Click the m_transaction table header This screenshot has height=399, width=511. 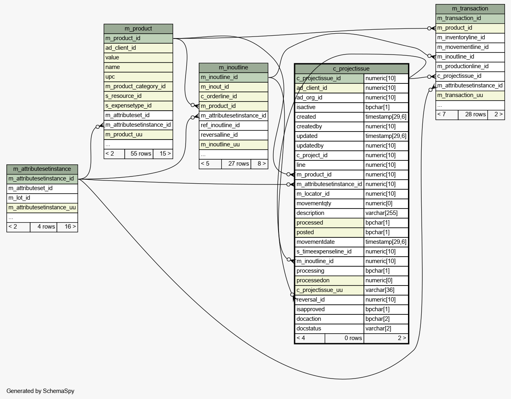point(470,9)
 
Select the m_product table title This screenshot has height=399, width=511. point(138,28)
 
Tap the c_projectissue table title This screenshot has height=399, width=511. point(351,69)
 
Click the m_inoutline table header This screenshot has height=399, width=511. point(233,67)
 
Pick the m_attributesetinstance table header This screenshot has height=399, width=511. point(42,169)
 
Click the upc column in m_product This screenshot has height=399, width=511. point(138,77)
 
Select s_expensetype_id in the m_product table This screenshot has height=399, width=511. point(138,105)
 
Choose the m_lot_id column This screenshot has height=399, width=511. point(42,198)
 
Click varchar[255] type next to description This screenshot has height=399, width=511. point(386,213)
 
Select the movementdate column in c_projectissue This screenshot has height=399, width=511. point(329,242)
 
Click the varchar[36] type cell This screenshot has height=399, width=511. point(386,290)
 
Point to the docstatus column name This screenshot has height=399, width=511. point(329,328)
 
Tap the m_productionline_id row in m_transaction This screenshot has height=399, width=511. point(470,66)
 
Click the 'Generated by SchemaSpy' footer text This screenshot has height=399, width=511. point(40,391)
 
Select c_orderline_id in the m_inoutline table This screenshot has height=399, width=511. point(233,96)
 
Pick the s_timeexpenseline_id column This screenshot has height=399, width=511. point(329,251)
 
